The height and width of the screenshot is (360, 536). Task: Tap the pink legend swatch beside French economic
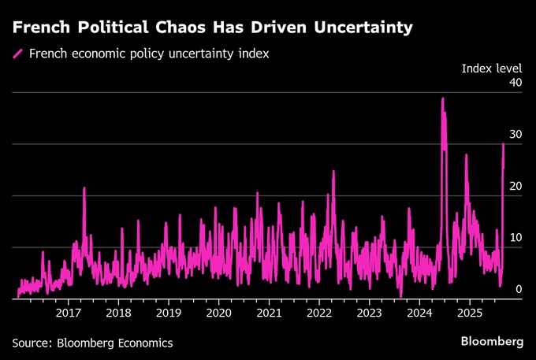[17, 54]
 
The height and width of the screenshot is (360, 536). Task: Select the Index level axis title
[492, 69]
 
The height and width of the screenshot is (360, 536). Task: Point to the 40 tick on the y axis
[516, 84]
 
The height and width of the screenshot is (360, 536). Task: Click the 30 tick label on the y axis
[516, 135]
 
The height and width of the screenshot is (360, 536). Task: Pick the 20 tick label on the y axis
[516, 187]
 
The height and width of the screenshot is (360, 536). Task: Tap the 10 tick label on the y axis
[516, 239]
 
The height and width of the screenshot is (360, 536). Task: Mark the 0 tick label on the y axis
[519, 290]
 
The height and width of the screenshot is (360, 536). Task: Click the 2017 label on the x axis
[69, 311]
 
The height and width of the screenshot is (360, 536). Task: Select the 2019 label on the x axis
[169, 311]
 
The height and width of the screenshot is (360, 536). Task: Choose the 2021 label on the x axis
[269, 311]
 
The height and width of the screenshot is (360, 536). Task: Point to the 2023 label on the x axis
[369, 311]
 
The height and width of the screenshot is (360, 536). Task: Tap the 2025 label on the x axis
[469, 311]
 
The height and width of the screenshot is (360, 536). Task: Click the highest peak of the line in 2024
[442, 98]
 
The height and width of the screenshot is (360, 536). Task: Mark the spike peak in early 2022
[333, 172]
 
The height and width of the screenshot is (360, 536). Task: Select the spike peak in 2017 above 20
[84, 187]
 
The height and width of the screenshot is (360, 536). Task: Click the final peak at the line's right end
[504, 143]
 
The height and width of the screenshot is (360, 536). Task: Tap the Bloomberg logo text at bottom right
[492, 341]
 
